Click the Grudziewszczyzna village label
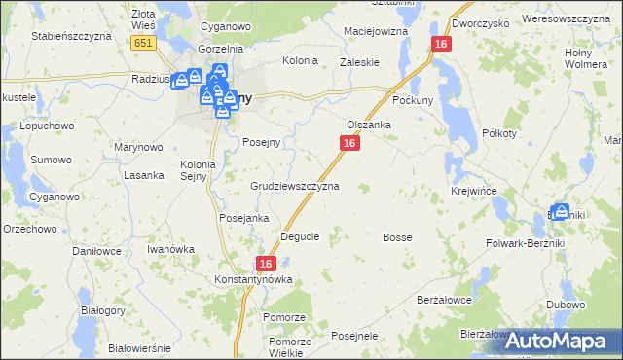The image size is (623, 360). (x=295, y=185)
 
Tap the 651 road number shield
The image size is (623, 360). (x=144, y=44)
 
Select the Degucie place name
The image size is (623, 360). (x=300, y=236)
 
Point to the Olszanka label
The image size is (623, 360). (x=369, y=125)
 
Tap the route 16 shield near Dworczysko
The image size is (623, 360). (x=442, y=45)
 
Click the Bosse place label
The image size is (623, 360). (x=397, y=237)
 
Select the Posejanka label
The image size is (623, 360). (x=243, y=218)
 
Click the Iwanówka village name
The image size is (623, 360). (x=170, y=249)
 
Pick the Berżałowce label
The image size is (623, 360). (x=444, y=301)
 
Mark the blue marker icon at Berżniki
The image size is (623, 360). (x=560, y=210)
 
